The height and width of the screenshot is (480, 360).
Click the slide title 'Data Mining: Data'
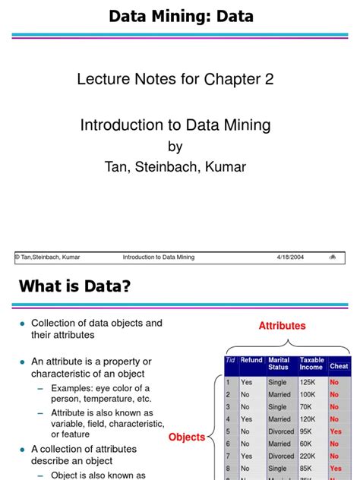[x=181, y=16]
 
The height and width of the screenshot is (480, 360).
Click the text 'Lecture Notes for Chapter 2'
[x=175, y=79]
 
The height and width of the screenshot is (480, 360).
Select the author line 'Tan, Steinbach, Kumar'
[x=175, y=166]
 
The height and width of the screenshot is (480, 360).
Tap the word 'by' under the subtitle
[x=175, y=147]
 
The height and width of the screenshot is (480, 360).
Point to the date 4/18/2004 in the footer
[x=290, y=257]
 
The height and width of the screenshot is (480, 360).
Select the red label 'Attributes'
[x=282, y=326]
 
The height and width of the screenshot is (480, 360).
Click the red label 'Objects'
[x=187, y=437]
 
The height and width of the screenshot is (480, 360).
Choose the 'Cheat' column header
[x=339, y=366]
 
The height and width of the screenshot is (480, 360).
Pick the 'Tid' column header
[x=230, y=361]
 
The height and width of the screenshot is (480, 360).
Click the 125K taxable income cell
[x=310, y=383]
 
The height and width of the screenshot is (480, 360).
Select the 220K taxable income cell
[x=310, y=456]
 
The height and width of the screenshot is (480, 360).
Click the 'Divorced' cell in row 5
[x=281, y=431]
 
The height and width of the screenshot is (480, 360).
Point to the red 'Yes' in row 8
[x=336, y=469]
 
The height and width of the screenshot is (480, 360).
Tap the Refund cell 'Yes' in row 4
[x=247, y=419]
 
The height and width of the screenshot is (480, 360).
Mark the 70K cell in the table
[x=308, y=407]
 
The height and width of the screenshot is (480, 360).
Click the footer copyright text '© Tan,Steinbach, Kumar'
[x=47, y=257]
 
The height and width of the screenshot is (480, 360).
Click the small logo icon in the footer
[x=333, y=257]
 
